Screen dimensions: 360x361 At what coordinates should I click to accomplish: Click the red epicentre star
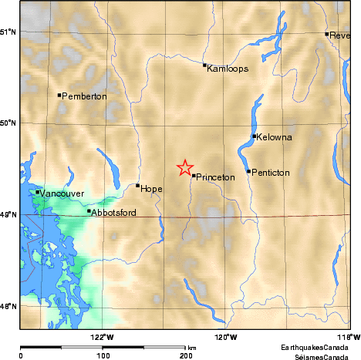pos(185,168)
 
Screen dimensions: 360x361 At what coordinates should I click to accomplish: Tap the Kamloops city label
pos(228,69)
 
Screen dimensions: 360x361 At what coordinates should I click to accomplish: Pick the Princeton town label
pos(215,177)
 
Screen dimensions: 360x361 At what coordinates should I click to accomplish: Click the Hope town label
pos(151,188)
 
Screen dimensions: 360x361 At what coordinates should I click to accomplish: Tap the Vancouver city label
pos(60,193)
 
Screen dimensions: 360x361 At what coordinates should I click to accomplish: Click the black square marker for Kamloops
pos(204,65)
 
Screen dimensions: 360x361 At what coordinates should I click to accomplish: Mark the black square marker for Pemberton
pos(59,95)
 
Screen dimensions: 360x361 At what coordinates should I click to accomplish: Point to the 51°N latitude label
pos(8,32)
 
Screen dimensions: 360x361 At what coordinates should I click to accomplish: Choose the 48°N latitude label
pos(8,307)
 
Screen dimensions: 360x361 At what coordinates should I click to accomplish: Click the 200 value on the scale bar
pos(185,357)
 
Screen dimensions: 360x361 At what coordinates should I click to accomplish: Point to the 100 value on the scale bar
pos(103,357)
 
